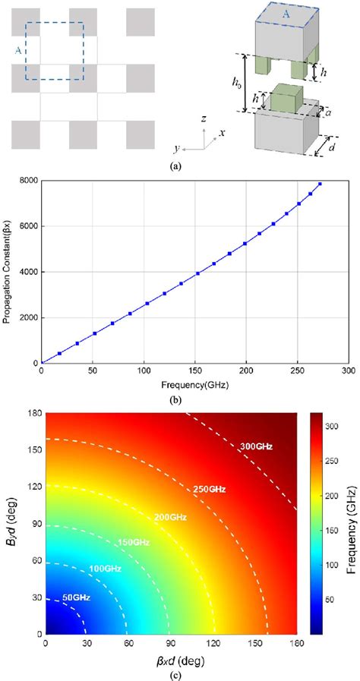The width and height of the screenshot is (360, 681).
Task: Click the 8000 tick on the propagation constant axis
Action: (28, 181)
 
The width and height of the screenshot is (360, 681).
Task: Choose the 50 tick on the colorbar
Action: (338, 599)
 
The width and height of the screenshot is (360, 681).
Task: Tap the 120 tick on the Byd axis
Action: (33, 487)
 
